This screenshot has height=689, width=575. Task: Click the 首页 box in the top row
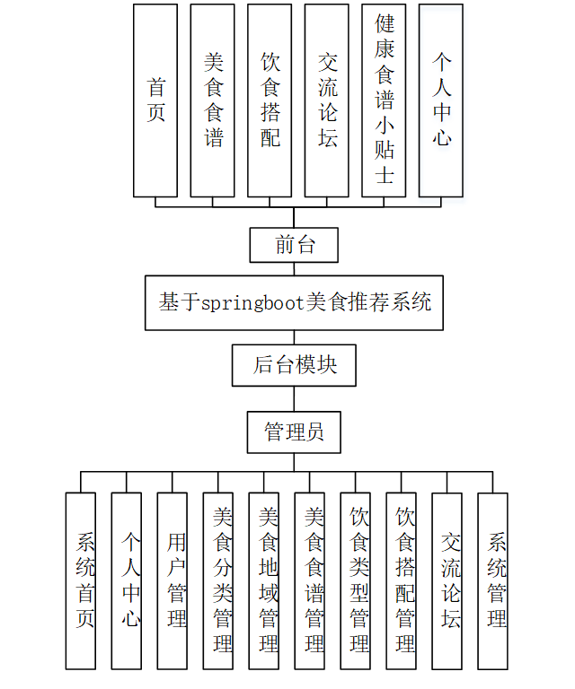tap(155, 100)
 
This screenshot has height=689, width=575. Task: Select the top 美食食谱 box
tap(212, 100)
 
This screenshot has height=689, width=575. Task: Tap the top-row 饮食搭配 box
tap(270, 100)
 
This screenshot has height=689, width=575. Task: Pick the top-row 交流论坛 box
tap(326, 100)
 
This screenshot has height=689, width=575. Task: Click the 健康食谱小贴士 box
tap(384, 100)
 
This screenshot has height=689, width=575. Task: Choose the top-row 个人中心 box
tap(441, 100)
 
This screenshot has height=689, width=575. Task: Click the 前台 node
tap(295, 244)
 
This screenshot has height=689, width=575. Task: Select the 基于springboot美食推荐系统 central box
tap(295, 302)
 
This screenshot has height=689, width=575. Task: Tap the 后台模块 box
tap(295, 365)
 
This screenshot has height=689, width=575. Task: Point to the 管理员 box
tap(294, 432)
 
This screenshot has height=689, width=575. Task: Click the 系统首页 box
tap(81, 580)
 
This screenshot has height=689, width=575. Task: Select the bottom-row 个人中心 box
tap(127, 580)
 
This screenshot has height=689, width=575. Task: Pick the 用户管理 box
tap(172, 580)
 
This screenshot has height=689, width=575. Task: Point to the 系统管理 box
tap(493, 580)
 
